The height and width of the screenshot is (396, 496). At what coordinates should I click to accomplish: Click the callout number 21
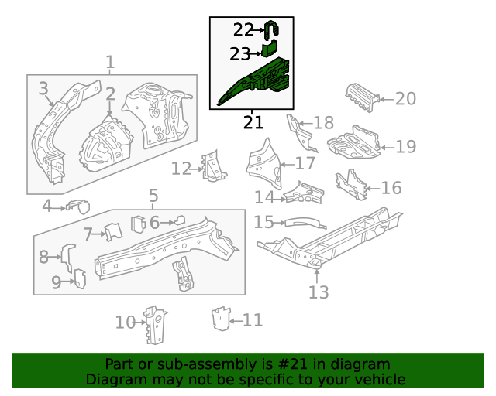click(x=253, y=121)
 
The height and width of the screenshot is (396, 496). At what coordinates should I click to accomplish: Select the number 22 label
click(x=243, y=29)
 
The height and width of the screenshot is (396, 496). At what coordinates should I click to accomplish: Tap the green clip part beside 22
click(x=271, y=30)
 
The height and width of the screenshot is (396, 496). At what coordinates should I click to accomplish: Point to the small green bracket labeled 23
click(x=268, y=50)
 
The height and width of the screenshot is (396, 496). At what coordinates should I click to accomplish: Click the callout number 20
click(x=405, y=98)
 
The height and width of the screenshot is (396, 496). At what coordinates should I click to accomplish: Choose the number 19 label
click(x=405, y=146)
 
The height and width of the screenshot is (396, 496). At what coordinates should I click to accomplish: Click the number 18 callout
click(x=323, y=122)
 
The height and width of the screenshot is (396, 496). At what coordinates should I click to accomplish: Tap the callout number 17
click(x=305, y=163)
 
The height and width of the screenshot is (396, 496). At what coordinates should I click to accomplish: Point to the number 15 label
click(x=263, y=223)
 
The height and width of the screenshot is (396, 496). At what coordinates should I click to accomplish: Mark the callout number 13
click(x=319, y=292)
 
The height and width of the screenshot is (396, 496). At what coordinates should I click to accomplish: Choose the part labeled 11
click(x=222, y=318)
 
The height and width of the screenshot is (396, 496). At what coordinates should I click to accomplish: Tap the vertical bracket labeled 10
click(x=156, y=325)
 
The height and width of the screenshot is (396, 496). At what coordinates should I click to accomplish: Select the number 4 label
click(x=46, y=206)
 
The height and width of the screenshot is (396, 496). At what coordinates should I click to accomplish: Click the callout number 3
click(x=43, y=89)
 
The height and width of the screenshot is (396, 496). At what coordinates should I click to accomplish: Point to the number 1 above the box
click(x=110, y=62)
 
